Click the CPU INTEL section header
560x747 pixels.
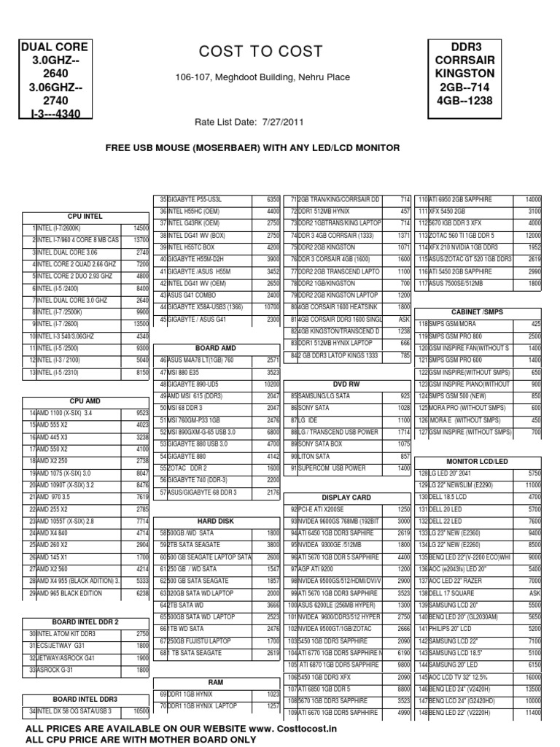pyautogui.click(x=85, y=216)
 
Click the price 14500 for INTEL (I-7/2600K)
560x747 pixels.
pyautogui.click(x=141, y=228)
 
